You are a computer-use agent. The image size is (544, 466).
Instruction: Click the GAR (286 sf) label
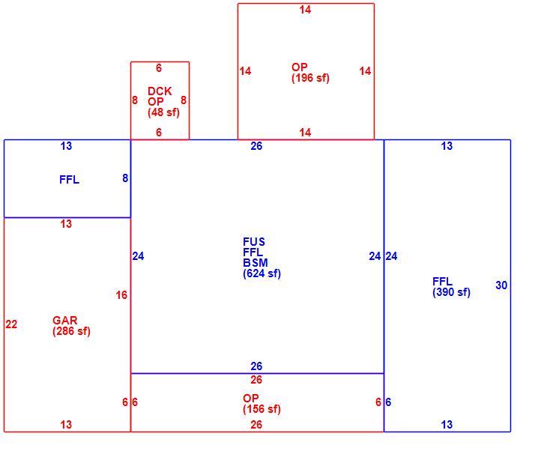71,325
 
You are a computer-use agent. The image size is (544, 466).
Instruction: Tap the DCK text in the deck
160,91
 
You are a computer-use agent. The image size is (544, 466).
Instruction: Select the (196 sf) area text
310,78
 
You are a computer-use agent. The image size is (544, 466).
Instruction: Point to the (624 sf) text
262,273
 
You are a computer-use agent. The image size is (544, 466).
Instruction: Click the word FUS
254,241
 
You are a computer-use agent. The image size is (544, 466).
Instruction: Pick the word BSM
256,263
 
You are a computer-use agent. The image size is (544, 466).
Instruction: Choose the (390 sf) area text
451,292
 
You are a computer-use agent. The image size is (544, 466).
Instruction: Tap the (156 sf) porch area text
262,409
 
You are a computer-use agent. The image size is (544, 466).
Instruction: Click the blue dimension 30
501,285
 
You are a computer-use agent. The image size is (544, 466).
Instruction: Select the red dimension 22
11,324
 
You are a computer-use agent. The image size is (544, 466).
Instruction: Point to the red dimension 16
121,295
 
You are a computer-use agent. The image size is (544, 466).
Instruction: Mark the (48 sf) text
163,112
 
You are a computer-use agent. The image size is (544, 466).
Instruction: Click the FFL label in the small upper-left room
70,179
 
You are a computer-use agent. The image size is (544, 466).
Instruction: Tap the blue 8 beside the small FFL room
125,178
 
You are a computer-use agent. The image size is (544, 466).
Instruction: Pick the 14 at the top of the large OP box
305,10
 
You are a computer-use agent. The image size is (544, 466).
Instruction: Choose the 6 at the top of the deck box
159,67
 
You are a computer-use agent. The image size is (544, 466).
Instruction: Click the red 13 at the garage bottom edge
66,424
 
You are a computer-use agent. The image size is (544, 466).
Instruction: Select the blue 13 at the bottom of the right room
447,424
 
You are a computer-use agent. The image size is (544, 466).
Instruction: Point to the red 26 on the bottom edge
256,424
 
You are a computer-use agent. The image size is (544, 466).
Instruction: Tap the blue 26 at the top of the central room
256,146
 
